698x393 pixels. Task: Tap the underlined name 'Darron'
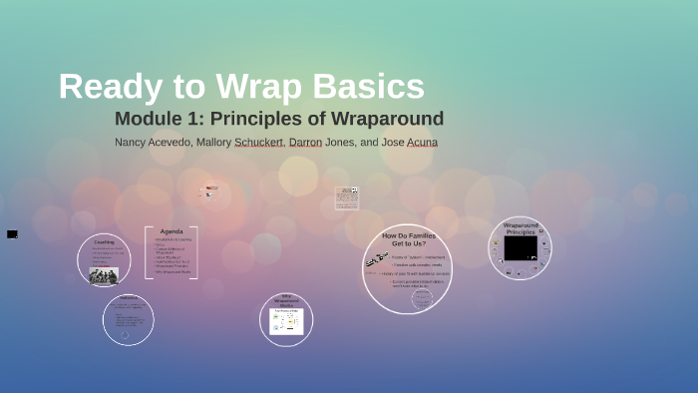tap(305, 143)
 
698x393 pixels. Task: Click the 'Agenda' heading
tap(172, 231)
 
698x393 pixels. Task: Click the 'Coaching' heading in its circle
tap(104, 242)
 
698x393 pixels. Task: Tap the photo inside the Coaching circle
tap(104, 275)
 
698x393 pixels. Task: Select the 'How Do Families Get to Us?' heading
tap(408, 239)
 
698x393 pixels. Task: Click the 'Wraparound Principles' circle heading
tap(520, 228)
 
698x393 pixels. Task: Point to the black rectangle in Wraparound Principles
tap(520, 247)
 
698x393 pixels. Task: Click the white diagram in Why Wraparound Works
tap(286, 321)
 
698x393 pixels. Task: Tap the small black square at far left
tap(12, 234)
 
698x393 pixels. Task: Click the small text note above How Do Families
tap(347, 197)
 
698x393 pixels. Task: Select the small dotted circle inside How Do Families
tap(422, 298)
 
